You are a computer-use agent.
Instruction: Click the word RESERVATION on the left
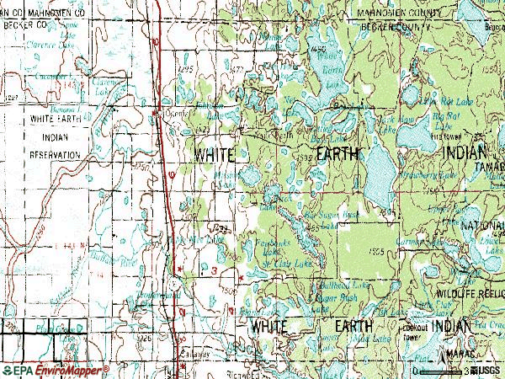click(x=55, y=156)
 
